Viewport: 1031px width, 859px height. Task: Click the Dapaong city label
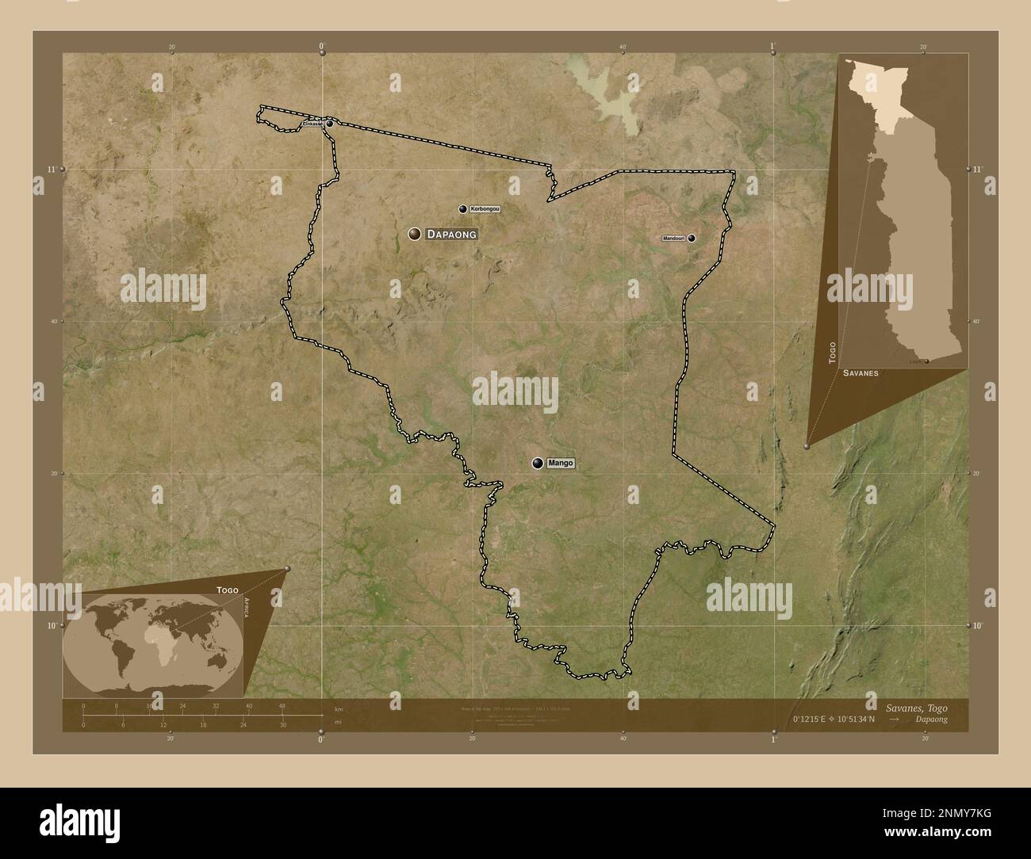coord(451,234)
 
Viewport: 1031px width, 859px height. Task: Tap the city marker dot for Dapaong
coord(414,234)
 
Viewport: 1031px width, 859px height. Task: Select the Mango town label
coord(560,463)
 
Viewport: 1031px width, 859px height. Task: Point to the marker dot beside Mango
coord(538,464)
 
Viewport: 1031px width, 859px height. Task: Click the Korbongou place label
coord(485,208)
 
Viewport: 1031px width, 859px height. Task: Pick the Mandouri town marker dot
coord(692,238)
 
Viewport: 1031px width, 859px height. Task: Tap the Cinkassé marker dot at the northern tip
coord(329,124)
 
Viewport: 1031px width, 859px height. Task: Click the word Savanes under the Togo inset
coord(860,372)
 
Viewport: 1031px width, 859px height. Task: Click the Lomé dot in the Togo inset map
coord(926,361)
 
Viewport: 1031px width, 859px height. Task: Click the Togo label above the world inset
coord(227,590)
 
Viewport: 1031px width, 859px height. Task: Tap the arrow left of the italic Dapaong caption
coord(895,719)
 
